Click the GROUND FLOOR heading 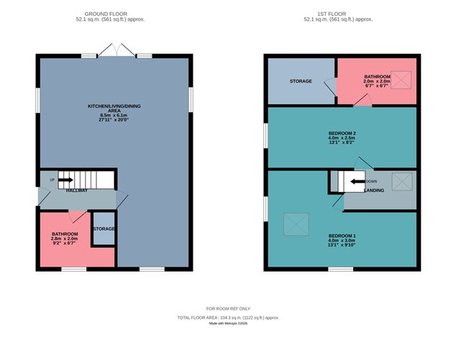[114, 14]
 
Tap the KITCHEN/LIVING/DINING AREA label [114, 109]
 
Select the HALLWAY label [77, 190]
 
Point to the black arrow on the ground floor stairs [65, 180]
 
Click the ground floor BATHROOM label [64, 234]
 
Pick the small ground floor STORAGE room [104, 229]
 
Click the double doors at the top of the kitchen [114, 51]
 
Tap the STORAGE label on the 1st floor [301, 81]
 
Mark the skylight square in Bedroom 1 [294, 224]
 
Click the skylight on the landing [401, 181]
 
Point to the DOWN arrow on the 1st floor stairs [356, 182]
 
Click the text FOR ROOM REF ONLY [228, 308]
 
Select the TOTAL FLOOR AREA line [228, 317]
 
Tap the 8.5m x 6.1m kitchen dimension [114, 115]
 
